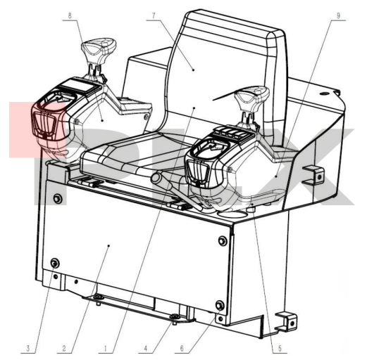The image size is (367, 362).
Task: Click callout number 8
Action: [70, 16]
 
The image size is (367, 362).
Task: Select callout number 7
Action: [154, 16]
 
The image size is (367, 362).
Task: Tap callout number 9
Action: [338, 16]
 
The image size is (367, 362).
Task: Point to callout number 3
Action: [28, 348]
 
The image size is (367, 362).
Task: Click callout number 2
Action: [64, 348]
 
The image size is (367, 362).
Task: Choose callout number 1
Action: [106, 348]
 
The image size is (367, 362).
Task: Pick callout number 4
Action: [146, 348]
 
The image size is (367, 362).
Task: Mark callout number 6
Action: [182, 348]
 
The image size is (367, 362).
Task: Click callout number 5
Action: [280, 348]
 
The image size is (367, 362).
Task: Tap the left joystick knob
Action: [99, 49]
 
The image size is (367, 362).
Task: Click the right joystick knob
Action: [252, 97]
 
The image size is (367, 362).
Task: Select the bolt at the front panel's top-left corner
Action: [58, 199]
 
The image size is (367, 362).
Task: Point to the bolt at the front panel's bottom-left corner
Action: [55, 263]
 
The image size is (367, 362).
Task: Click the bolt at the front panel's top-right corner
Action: [223, 241]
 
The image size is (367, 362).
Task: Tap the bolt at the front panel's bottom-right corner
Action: [220, 305]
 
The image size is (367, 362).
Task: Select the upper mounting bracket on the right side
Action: [313, 176]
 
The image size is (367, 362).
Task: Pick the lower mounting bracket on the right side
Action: [287, 322]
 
